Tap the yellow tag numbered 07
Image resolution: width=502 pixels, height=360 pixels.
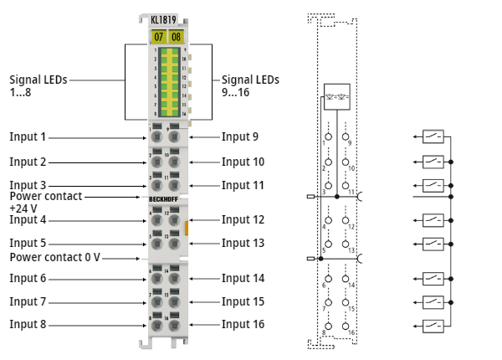click(x=158, y=37)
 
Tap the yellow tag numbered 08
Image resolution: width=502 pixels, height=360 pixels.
click(x=176, y=37)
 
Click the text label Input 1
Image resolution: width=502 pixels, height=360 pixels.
click(x=28, y=136)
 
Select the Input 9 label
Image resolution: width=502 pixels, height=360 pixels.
click(x=239, y=136)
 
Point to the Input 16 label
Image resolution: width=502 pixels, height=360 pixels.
click(x=243, y=324)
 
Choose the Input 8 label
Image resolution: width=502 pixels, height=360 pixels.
click(x=28, y=324)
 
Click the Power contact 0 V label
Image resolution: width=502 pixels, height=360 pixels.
click(x=54, y=257)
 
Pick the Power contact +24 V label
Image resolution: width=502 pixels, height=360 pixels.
click(x=46, y=202)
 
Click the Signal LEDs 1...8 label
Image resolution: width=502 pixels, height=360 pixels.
click(x=38, y=85)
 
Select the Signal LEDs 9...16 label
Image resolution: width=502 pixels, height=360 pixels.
click(x=250, y=85)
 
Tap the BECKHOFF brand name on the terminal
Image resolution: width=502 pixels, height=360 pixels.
click(x=164, y=198)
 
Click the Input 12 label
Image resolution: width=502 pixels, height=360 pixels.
click(x=243, y=219)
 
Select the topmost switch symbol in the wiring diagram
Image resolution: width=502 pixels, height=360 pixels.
click(x=433, y=136)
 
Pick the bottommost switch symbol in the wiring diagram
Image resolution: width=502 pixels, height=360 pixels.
click(x=433, y=324)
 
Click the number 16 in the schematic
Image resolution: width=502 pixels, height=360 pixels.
click(x=353, y=332)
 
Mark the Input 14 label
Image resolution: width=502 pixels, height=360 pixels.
click(x=243, y=278)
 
